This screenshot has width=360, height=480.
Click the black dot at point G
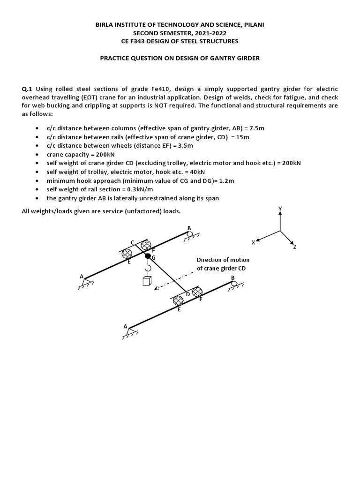148,256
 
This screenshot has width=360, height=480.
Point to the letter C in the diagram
133,242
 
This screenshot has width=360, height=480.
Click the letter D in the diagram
188,294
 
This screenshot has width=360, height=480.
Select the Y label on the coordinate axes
280,208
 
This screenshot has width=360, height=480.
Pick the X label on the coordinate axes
253,242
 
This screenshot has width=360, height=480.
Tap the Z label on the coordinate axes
295,247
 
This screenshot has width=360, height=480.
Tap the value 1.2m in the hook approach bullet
227,180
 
